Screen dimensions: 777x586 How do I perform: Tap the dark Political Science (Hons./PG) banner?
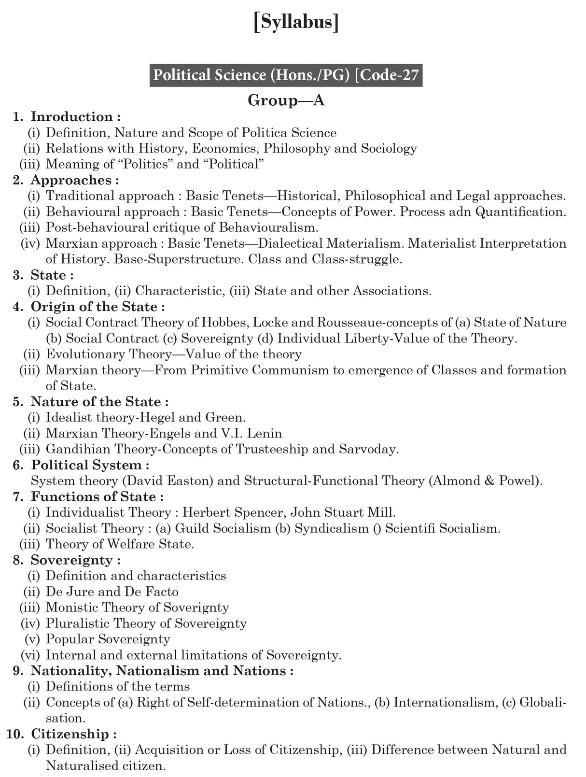coord(286,75)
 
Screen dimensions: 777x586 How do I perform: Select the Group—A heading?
coord(286,100)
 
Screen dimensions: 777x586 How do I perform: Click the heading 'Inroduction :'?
coord(75,117)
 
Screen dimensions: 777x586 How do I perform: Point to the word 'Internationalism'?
coord(445,703)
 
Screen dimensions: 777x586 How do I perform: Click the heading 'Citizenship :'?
coord(74,735)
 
